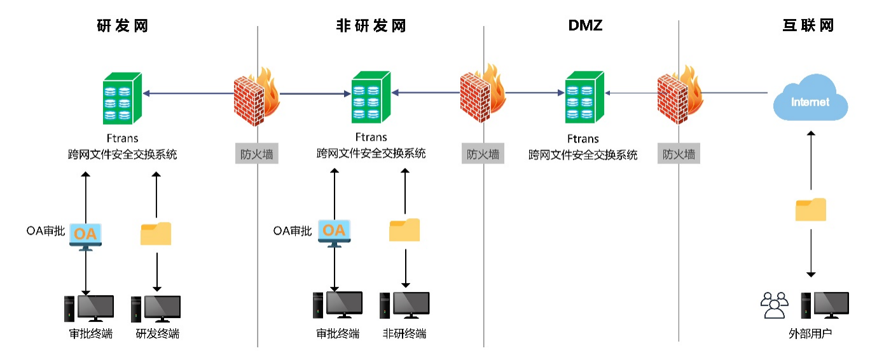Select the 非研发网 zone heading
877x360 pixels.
371,26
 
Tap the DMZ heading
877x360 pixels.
585,26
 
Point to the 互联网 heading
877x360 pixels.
808,26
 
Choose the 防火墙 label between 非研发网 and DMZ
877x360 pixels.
483,155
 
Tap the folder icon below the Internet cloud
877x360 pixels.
811,209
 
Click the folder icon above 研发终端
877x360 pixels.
156,233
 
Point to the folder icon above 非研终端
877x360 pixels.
404,230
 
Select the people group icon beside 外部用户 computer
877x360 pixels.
774,305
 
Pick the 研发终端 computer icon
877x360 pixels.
156,309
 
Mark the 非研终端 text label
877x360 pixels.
404,333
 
